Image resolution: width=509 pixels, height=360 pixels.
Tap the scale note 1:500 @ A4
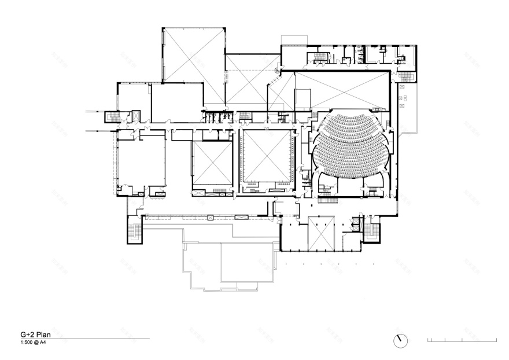(x=29, y=342)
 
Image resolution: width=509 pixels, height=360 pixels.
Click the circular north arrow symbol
(x=400, y=340)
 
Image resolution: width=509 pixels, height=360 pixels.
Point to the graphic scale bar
(x=462, y=340)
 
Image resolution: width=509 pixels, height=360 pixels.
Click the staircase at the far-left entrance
(x=110, y=117)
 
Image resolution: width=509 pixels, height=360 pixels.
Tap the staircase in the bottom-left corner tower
(x=134, y=232)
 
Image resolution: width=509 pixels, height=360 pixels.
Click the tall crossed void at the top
(x=193, y=55)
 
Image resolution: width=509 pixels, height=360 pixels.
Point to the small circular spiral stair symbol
(x=276, y=71)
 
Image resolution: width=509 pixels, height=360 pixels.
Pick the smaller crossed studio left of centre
(x=212, y=163)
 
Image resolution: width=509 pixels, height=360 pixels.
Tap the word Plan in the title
(x=41, y=335)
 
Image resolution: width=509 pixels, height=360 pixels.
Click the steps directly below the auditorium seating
(x=329, y=200)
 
